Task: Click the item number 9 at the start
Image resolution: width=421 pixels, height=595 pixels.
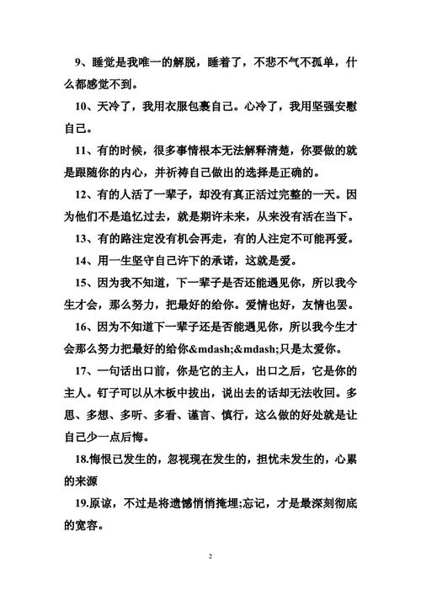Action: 78,61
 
